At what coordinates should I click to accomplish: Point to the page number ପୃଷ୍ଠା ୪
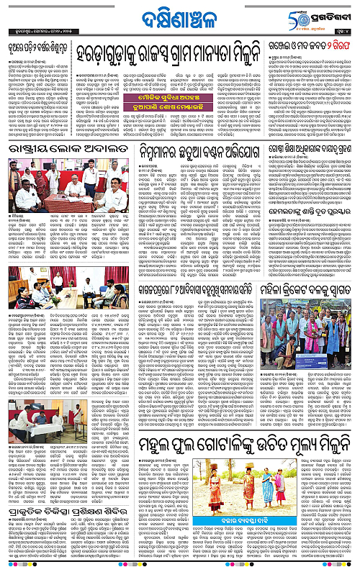click(348, 31)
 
